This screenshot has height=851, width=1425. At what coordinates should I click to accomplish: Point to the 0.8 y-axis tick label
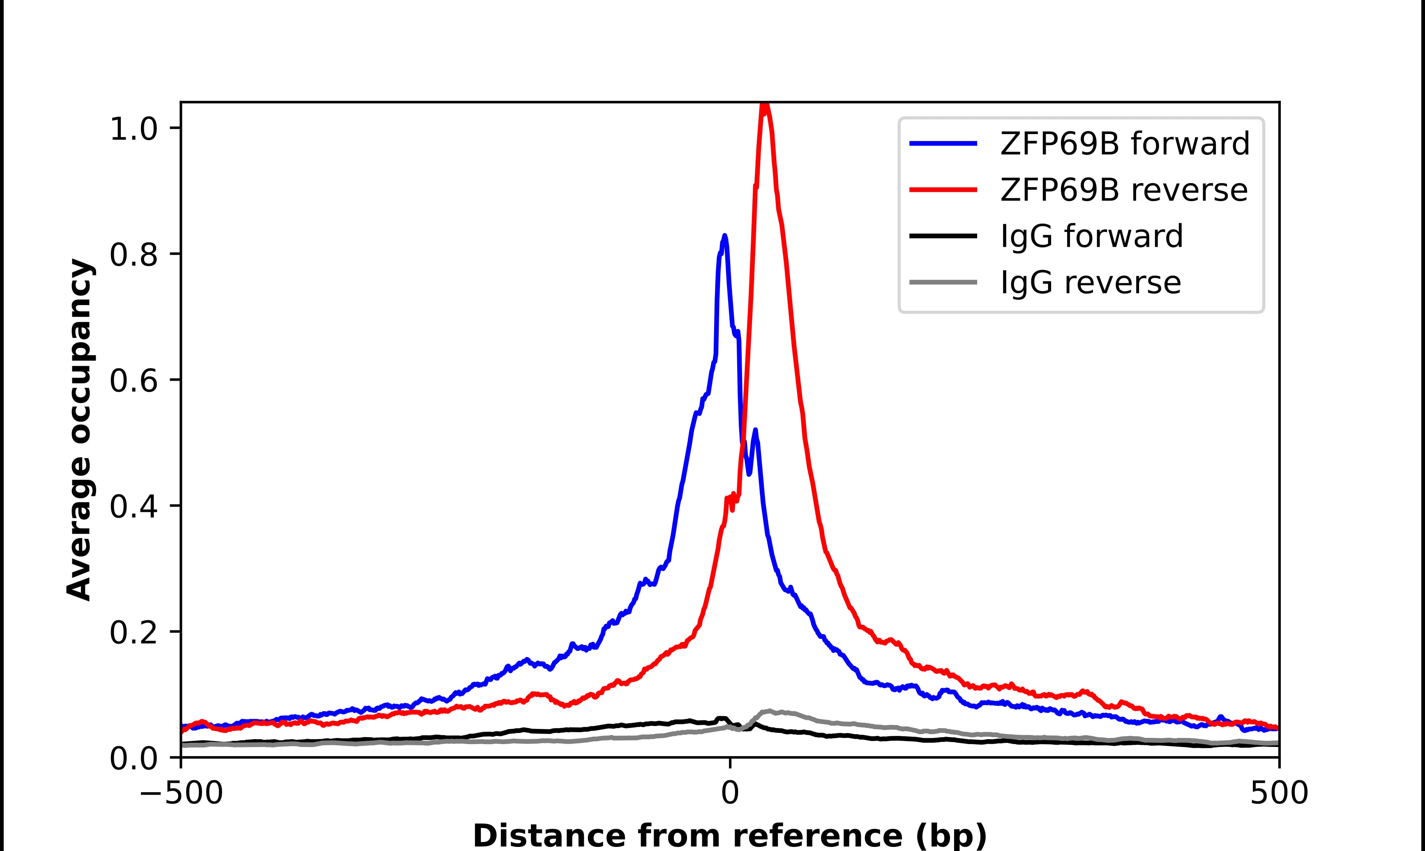[133, 255]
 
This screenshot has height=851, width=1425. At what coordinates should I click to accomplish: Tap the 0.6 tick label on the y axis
[133, 382]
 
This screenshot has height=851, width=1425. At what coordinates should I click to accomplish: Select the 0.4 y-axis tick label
[133, 507]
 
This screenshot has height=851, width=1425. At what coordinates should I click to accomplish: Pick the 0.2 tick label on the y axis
[133, 633]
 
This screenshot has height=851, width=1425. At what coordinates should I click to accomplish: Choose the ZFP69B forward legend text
[1125, 144]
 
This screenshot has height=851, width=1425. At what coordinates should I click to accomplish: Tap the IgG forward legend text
[1091, 236]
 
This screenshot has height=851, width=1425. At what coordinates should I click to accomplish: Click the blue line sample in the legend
[943, 144]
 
